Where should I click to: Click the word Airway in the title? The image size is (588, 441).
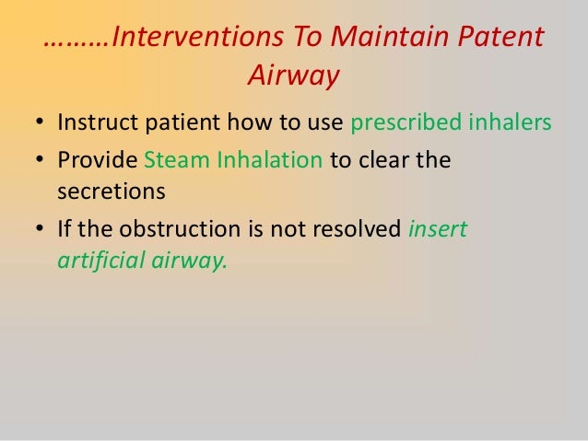(293, 77)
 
